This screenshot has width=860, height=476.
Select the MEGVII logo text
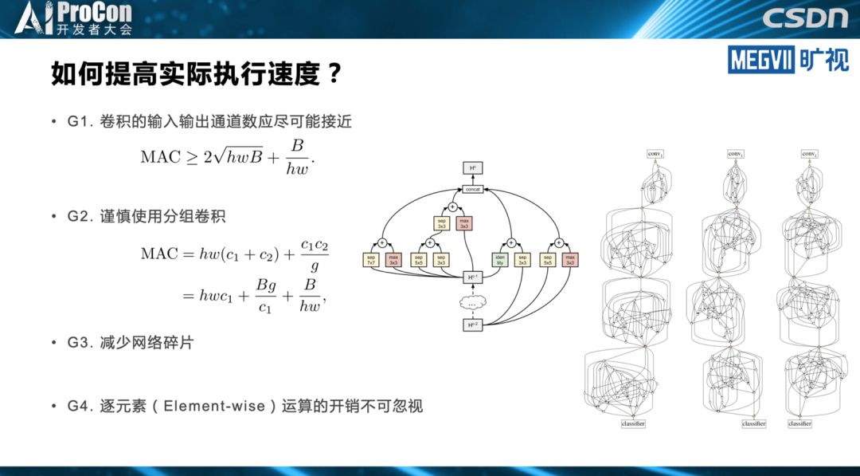point(760,60)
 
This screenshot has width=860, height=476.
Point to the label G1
point(81,122)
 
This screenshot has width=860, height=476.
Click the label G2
point(81,217)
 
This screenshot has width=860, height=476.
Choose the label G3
point(81,343)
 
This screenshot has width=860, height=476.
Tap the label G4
point(81,406)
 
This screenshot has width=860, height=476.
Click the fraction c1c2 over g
point(314,253)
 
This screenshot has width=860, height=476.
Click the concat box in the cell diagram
point(474,189)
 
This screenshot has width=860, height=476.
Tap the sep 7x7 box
point(371,259)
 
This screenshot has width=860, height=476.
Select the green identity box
point(500,259)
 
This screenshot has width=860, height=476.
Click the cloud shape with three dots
point(474,302)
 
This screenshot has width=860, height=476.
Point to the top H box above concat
point(474,167)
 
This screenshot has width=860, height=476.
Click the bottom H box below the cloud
point(474,325)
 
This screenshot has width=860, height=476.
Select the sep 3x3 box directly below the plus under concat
point(442,224)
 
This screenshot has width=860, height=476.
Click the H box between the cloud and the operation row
point(474,277)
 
